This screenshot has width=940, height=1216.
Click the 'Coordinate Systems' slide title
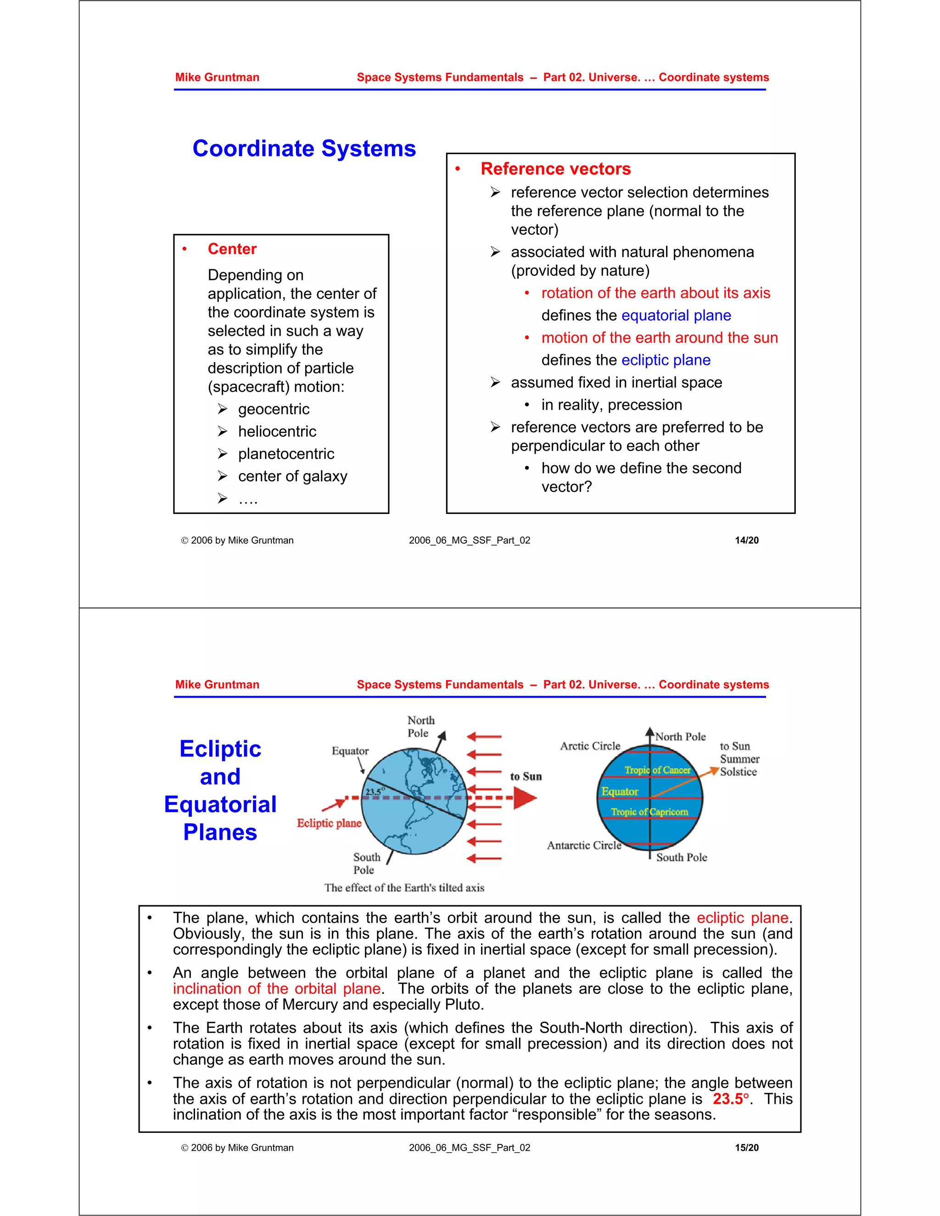pyautogui.click(x=304, y=149)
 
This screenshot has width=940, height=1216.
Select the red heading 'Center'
pyautogui.click(x=232, y=249)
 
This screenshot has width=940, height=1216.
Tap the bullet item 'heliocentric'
pyautogui.click(x=277, y=431)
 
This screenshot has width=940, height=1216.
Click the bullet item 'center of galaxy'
pyautogui.click(x=292, y=476)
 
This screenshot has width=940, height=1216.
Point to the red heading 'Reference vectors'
pyautogui.click(x=555, y=169)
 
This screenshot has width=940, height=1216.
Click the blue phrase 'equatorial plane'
pyautogui.click(x=676, y=315)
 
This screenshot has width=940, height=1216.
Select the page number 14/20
pyautogui.click(x=746, y=540)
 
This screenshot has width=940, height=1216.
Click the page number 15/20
pyautogui.click(x=746, y=1148)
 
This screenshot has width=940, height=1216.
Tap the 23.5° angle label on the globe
pyautogui.click(x=374, y=791)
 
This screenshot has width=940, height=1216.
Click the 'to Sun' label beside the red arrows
pyautogui.click(x=526, y=776)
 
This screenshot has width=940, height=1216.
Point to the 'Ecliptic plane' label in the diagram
pyautogui.click(x=329, y=823)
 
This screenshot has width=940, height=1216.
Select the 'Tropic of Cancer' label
pyautogui.click(x=657, y=770)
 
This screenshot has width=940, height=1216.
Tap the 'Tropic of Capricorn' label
pyautogui.click(x=649, y=812)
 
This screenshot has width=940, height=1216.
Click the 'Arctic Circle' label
pyautogui.click(x=590, y=746)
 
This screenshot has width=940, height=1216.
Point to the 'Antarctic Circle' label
pyautogui.click(x=584, y=845)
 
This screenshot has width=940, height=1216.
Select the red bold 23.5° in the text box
pyautogui.click(x=731, y=1099)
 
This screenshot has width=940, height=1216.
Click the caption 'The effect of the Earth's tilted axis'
pyautogui.click(x=404, y=887)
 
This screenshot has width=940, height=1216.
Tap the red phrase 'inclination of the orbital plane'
pyautogui.click(x=277, y=988)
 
